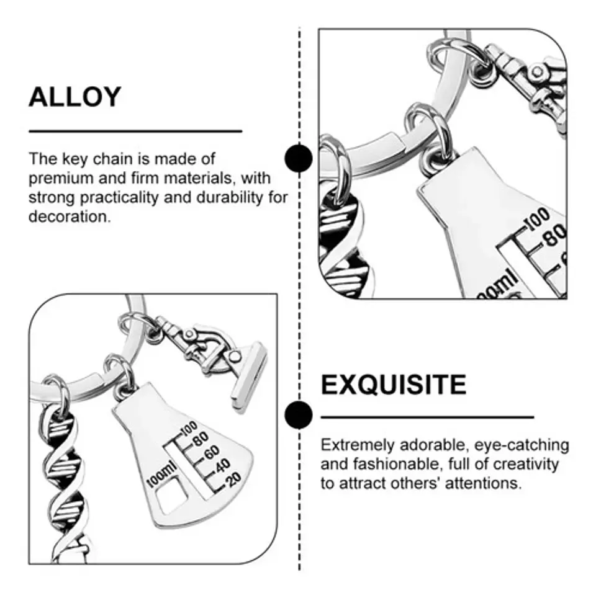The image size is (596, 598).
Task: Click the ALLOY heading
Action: pos(75,97)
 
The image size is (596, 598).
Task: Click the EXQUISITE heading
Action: pos(393,385)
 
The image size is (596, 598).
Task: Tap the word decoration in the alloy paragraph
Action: pos(69,216)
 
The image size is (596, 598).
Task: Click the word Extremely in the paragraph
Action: pos(358,445)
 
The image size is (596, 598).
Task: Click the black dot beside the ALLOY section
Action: pos(299,158)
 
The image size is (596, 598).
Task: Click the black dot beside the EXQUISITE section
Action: pos(299,415)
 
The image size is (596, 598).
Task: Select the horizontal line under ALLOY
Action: pos(135,131)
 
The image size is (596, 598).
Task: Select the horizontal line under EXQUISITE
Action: pos(427,417)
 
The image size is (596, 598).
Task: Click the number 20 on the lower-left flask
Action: pos(233,479)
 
